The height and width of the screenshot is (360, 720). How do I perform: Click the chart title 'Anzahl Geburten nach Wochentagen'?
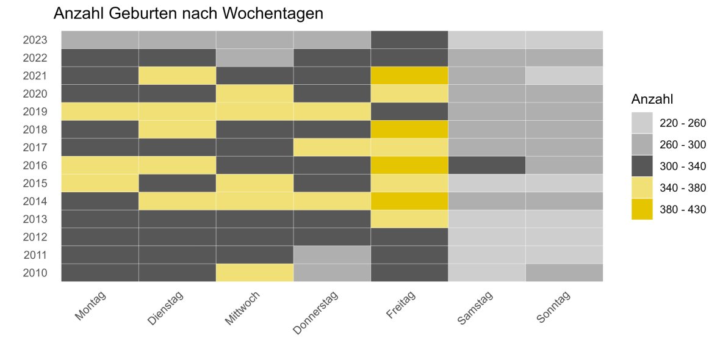coord(188,13)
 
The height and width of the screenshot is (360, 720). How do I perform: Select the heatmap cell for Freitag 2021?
coord(409,76)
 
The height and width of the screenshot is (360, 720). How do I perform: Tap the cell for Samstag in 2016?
coord(486,165)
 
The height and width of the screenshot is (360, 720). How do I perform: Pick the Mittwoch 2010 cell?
coord(254,273)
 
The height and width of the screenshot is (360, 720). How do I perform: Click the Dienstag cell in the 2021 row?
coord(177,76)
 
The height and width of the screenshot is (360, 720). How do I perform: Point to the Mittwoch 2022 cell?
coord(254,58)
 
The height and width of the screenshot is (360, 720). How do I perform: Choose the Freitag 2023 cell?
coord(409,40)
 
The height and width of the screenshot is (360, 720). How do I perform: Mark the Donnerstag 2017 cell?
coord(332,147)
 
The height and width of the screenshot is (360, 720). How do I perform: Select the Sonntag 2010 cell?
coord(564,273)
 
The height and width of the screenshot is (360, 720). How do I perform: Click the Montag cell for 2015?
coord(99,183)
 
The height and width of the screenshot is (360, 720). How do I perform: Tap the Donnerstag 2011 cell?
coord(332,255)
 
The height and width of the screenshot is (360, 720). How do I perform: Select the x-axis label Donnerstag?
coord(316,312)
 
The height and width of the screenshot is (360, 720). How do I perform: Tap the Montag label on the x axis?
coord(90,305)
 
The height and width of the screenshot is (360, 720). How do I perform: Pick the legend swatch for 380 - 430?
coord(641,209)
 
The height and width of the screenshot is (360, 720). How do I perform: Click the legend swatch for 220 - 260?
coord(641,123)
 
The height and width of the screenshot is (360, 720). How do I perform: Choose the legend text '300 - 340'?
coord(683,166)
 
